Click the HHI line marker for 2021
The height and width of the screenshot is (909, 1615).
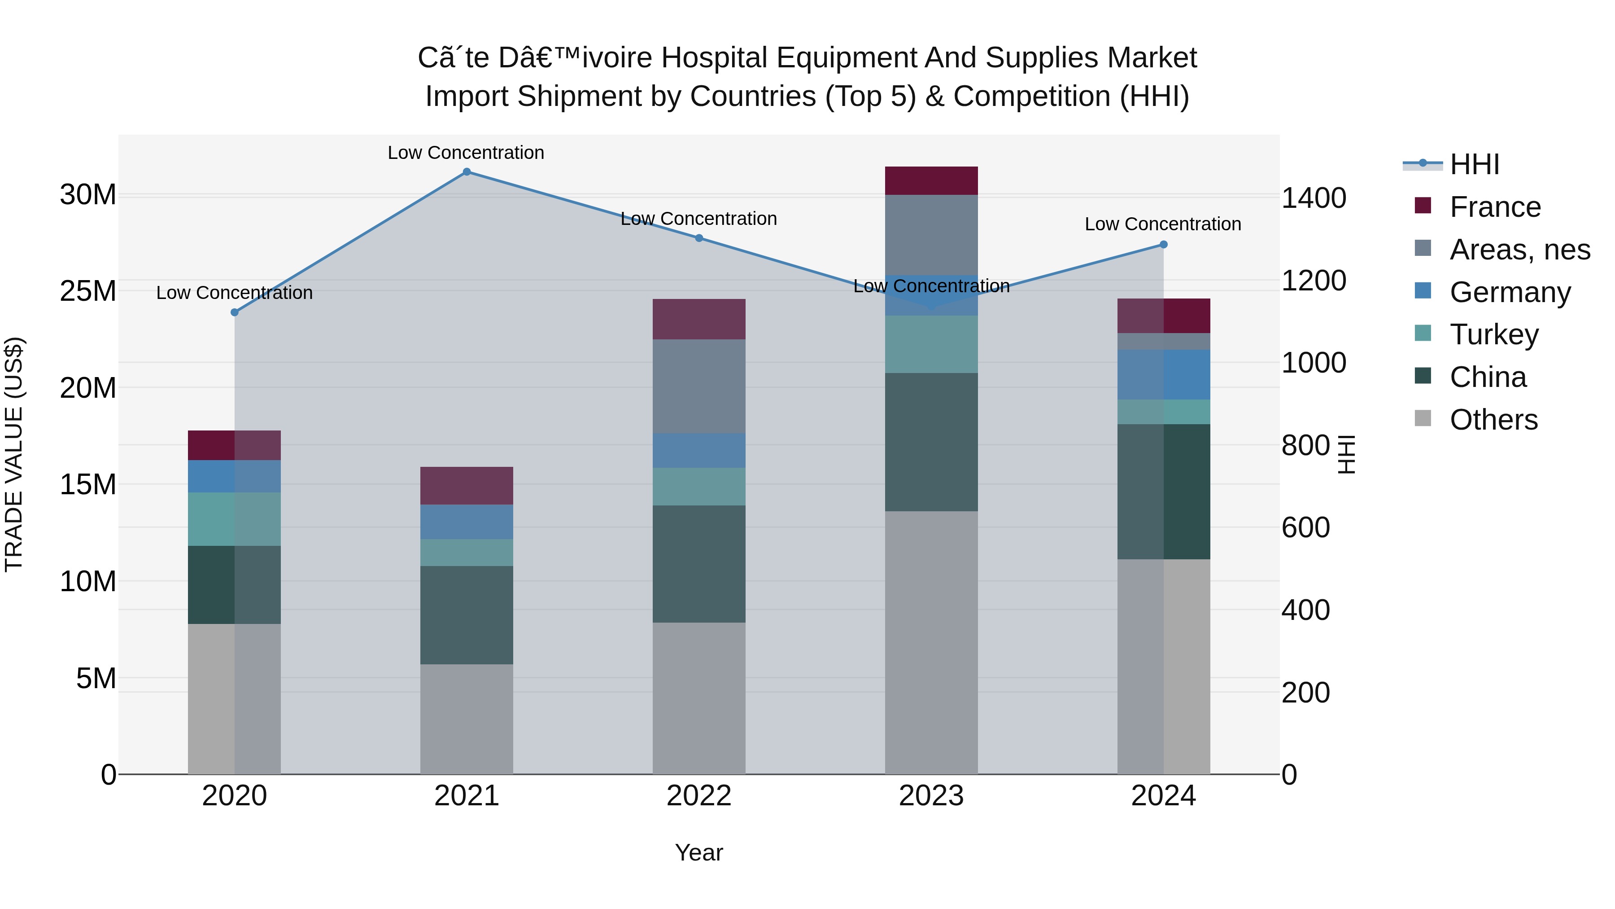click(x=467, y=172)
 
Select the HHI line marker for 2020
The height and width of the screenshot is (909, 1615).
click(x=235, y=312)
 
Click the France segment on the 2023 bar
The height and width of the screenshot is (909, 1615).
click(x=931, y=180)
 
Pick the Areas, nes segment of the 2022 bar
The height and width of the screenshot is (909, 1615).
click(x=699, y=386)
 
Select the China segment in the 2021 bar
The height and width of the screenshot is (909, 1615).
click(x=467, y=615)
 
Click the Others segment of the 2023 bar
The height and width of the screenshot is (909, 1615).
click(x=931, y=642)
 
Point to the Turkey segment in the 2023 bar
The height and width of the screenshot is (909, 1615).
click(x=931, y=344)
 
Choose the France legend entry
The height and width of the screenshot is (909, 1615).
click(x=1495, y=207)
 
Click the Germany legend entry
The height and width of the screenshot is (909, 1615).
click(x=1510, y=292)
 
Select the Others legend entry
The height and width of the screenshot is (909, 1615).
click(x=1493, y=420)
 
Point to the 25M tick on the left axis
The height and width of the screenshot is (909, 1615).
click(x=88, y=291)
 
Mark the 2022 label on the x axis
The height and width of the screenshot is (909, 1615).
click(x=699, y=796)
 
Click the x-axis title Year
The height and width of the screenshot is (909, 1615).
click(x=699, y=852)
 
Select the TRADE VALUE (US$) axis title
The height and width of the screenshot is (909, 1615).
click(x=14, y=454)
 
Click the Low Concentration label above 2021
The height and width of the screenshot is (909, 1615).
click(x=466, y=153)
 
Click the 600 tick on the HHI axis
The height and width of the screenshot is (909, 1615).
click(x=1305, y=527)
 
